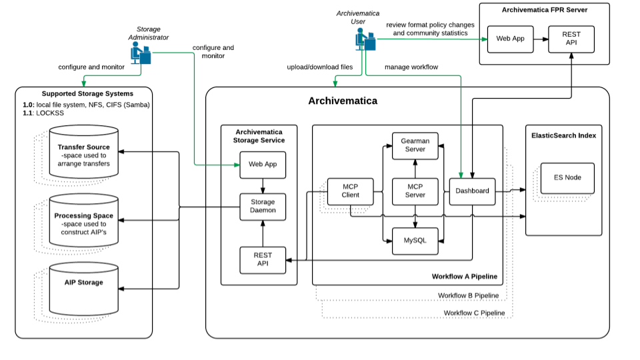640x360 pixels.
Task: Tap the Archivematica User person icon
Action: pos(364,39)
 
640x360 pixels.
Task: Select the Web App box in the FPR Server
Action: pos(510,39)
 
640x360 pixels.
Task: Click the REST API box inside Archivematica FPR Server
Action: pos(571,39)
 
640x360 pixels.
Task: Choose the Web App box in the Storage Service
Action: pos(263,165)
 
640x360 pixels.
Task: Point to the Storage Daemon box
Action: pos(263,207)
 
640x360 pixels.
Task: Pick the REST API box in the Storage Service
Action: pos(263,260)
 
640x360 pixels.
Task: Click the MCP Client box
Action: pos(350,191)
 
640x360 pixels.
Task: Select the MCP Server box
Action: pos(415,191)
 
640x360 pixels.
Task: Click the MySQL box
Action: pos(415,241)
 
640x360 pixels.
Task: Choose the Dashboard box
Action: pos(472,191)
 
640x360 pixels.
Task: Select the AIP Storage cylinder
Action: pos(84,287)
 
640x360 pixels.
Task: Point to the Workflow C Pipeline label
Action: pos(474,313)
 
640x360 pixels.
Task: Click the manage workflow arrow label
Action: pos(411,67)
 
